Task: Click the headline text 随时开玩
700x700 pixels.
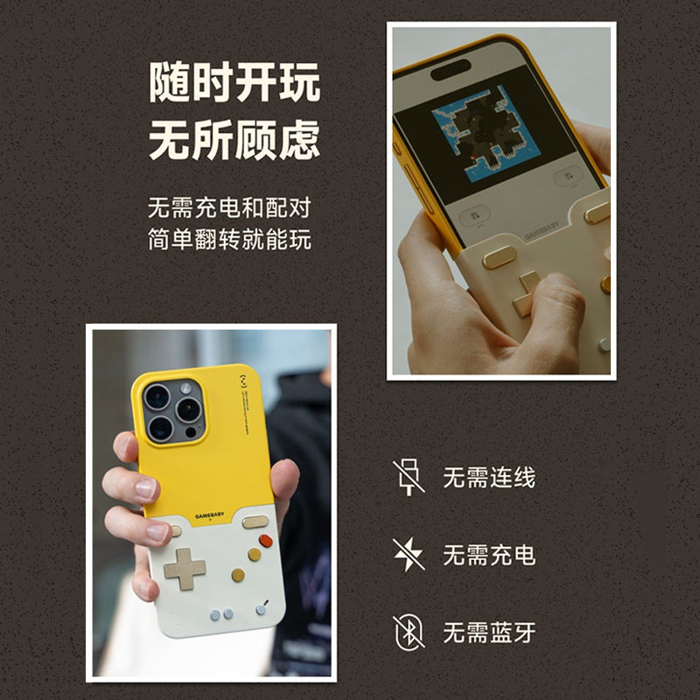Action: pos(234,84)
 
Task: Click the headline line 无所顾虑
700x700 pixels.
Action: pos(234,141)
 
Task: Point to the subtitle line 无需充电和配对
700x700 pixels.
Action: pos(229,208)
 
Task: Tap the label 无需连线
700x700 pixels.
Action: pos(488,478)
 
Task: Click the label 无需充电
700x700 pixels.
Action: pos(488,555)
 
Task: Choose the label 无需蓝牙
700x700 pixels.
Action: pos(488,632)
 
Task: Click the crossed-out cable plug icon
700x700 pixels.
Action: pos(408,477)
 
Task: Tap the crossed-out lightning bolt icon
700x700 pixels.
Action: pos(408,554)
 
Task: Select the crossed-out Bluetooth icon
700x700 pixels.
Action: pos(408,631)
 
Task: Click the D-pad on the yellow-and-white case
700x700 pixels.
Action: pos(185,569)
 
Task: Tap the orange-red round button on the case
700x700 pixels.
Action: pos(255,554)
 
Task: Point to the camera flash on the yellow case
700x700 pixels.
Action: pos(186,388)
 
